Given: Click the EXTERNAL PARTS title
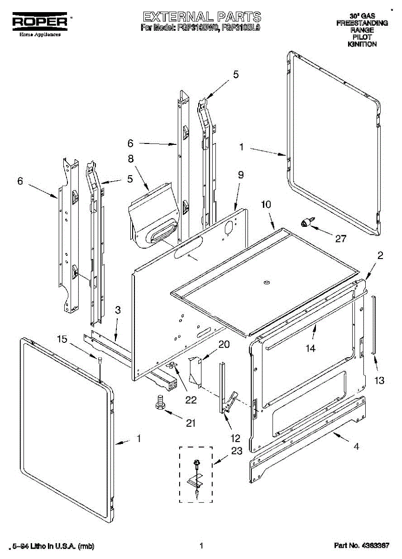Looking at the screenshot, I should click(201, 17).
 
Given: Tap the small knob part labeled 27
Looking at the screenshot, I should click(307, 223).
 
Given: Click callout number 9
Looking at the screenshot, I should click(241, 175).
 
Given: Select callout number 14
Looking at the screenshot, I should click(310, 348).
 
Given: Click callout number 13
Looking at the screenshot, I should click(380, 381).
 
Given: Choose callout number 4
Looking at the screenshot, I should click(356, 446).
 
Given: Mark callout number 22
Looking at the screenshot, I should click(191, 399).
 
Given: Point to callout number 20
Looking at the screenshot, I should click(224, 345).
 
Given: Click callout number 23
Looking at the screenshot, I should click(237, 451).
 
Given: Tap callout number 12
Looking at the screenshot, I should click(235, 438).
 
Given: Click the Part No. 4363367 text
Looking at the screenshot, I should click(361, 545).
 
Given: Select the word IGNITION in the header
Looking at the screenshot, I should click(362, 44).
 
